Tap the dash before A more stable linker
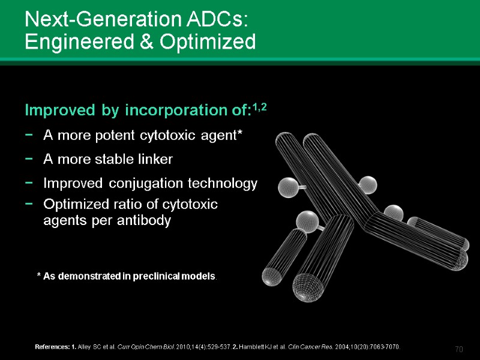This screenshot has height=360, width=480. (29, 160)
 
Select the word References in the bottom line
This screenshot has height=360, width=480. (51, 347)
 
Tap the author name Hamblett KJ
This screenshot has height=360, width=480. (269, 347)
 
